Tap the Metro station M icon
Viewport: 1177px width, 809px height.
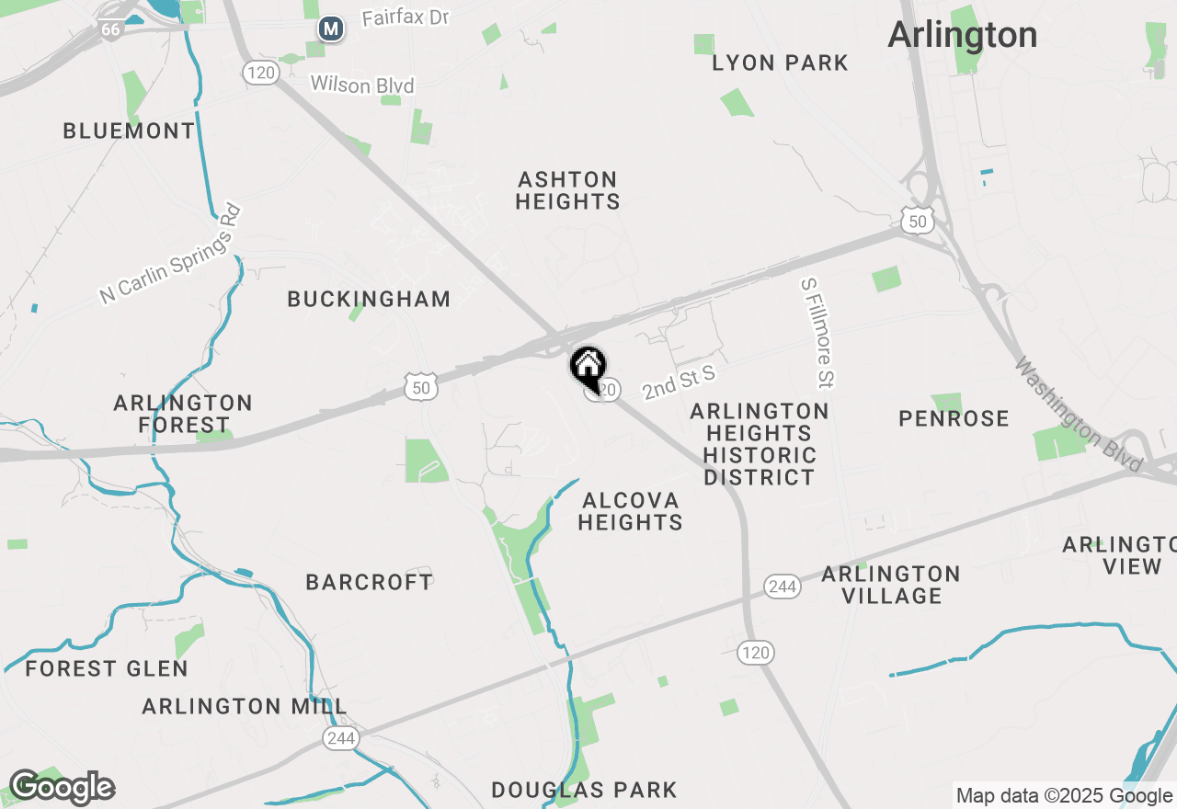pos(331,29)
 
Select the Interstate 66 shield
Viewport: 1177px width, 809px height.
pos(110,28)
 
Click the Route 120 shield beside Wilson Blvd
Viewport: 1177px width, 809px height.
pos(261,73)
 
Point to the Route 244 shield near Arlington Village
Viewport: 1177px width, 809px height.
pos(782,587)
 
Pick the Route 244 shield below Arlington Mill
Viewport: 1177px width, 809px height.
pos(340,738)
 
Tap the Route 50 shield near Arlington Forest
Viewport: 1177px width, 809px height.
pos(421,388)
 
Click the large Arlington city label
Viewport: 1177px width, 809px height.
pos(963,35)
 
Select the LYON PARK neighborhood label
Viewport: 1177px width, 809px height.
pos(780,63)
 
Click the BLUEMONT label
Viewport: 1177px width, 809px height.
pos(130,131)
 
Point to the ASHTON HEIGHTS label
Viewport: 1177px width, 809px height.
pos(567,190)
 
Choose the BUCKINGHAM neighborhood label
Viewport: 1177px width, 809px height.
pos(369,299)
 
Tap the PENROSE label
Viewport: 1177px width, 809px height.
pos(954,419)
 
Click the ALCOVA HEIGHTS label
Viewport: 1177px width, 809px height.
pos(631,511)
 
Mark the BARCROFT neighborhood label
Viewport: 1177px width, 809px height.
pos(369,582)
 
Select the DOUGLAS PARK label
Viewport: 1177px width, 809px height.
pos(584,790)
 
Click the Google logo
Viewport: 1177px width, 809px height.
pos(62,788)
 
